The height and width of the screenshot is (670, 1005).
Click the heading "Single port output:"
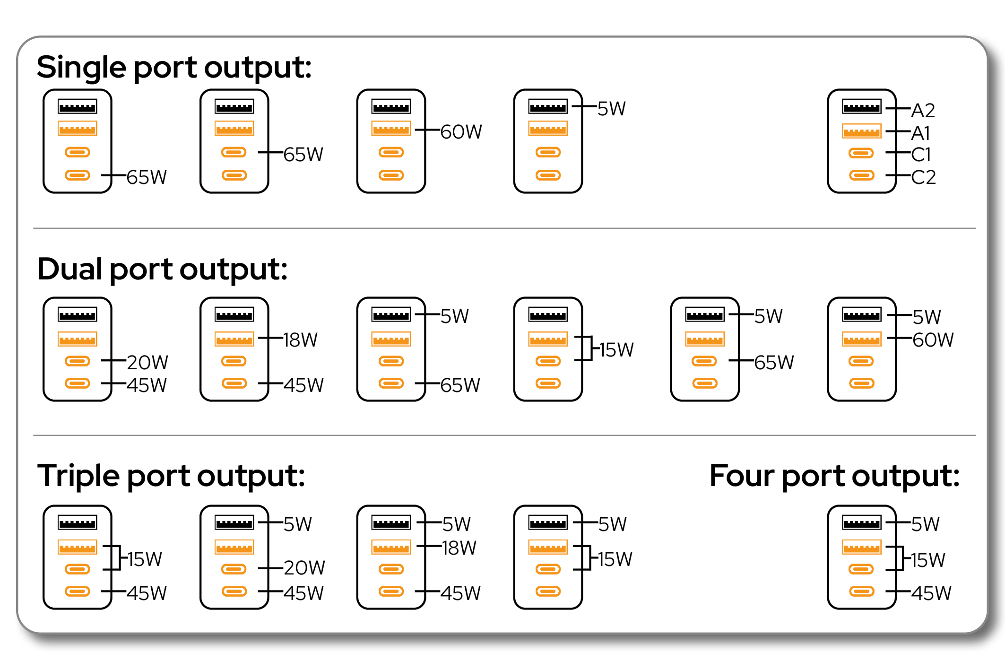point(174,68)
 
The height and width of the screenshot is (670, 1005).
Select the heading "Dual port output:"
point(162,270)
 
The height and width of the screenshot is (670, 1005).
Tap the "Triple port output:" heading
point(171,476)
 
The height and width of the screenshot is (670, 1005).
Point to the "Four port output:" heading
point(834,476)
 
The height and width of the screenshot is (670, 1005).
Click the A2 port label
point(923,111)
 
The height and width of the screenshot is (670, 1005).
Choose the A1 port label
point(920,133)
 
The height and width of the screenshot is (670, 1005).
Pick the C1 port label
point(921,155)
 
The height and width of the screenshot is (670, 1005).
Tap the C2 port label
point(923,177)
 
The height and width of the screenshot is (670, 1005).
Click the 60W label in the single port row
point(461,132)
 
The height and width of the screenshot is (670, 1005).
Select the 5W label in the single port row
point(611,109)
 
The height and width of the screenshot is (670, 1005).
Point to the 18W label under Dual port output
point(300,339)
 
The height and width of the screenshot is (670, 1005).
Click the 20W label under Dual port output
point(147,363)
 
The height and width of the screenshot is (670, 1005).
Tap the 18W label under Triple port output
point(459,548)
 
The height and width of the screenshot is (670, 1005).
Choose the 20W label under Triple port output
point(304,568)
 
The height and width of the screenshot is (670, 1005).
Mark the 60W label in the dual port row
point(933,339)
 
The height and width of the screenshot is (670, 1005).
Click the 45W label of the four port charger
point(931,593)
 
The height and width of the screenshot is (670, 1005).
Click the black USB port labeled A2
point(861,106)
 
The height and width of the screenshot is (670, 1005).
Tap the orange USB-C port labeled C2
point(861,175)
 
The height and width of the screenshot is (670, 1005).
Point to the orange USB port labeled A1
point(861,131)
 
